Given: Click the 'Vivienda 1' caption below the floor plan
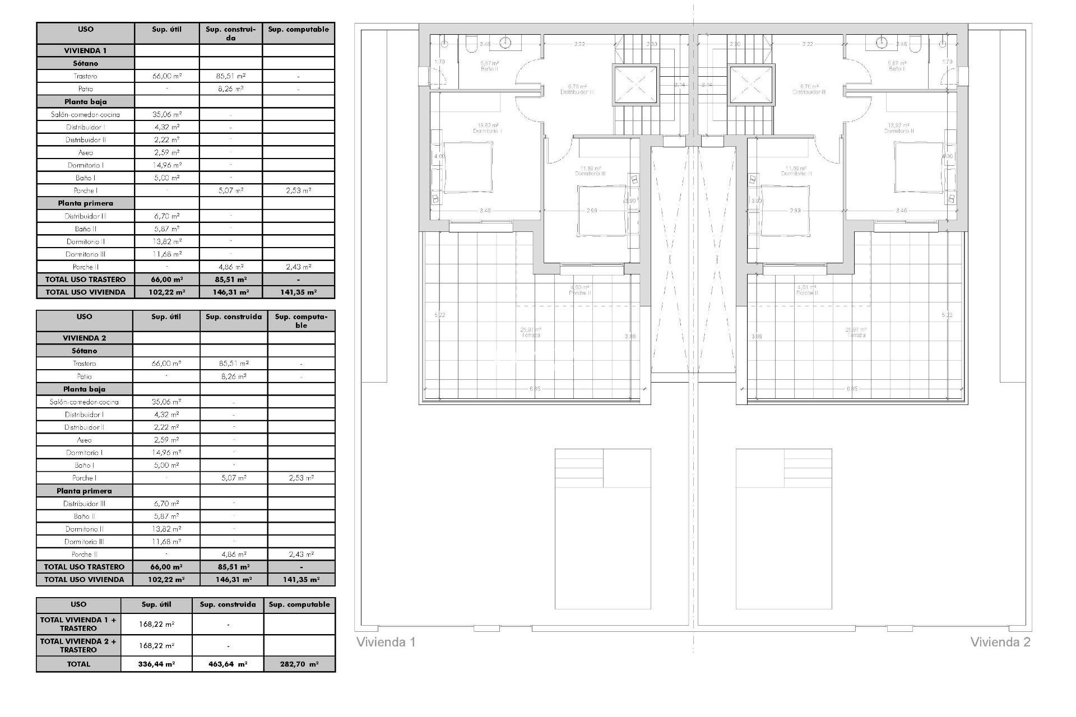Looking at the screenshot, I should [x=386, y=642].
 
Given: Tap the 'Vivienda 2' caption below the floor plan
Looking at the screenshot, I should [x=1000, y=642].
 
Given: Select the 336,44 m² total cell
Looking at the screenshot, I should [x=156, y=664].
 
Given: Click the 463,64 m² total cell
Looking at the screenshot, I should [x=228, y=664].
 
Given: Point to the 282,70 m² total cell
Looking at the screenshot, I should [x=299, y=664].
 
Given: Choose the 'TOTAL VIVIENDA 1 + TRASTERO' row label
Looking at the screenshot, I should [x=78, y=624].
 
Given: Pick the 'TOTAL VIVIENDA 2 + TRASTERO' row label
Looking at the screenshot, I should [x=78, y=645].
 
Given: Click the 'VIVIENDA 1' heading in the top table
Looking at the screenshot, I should [x=85, y=50].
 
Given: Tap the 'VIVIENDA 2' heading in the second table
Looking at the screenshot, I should [x=84, y=338].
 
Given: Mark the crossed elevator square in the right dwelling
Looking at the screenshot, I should [x=752, y=85].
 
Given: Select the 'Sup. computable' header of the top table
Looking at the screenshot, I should [x=298, y=29].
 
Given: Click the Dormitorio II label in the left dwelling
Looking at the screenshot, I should [x=488, y=128].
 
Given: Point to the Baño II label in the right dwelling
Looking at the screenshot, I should [x=897, y=66].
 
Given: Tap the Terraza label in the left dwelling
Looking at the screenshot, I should [x=531, y=333].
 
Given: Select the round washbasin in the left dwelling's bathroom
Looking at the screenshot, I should [x=506, y=41].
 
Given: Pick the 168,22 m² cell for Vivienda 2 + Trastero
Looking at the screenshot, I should [x=156, y=645].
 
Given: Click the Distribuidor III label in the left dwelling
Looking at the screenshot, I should [x=577, y=90].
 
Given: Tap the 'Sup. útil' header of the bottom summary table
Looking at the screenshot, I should [x=156, y=604].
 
